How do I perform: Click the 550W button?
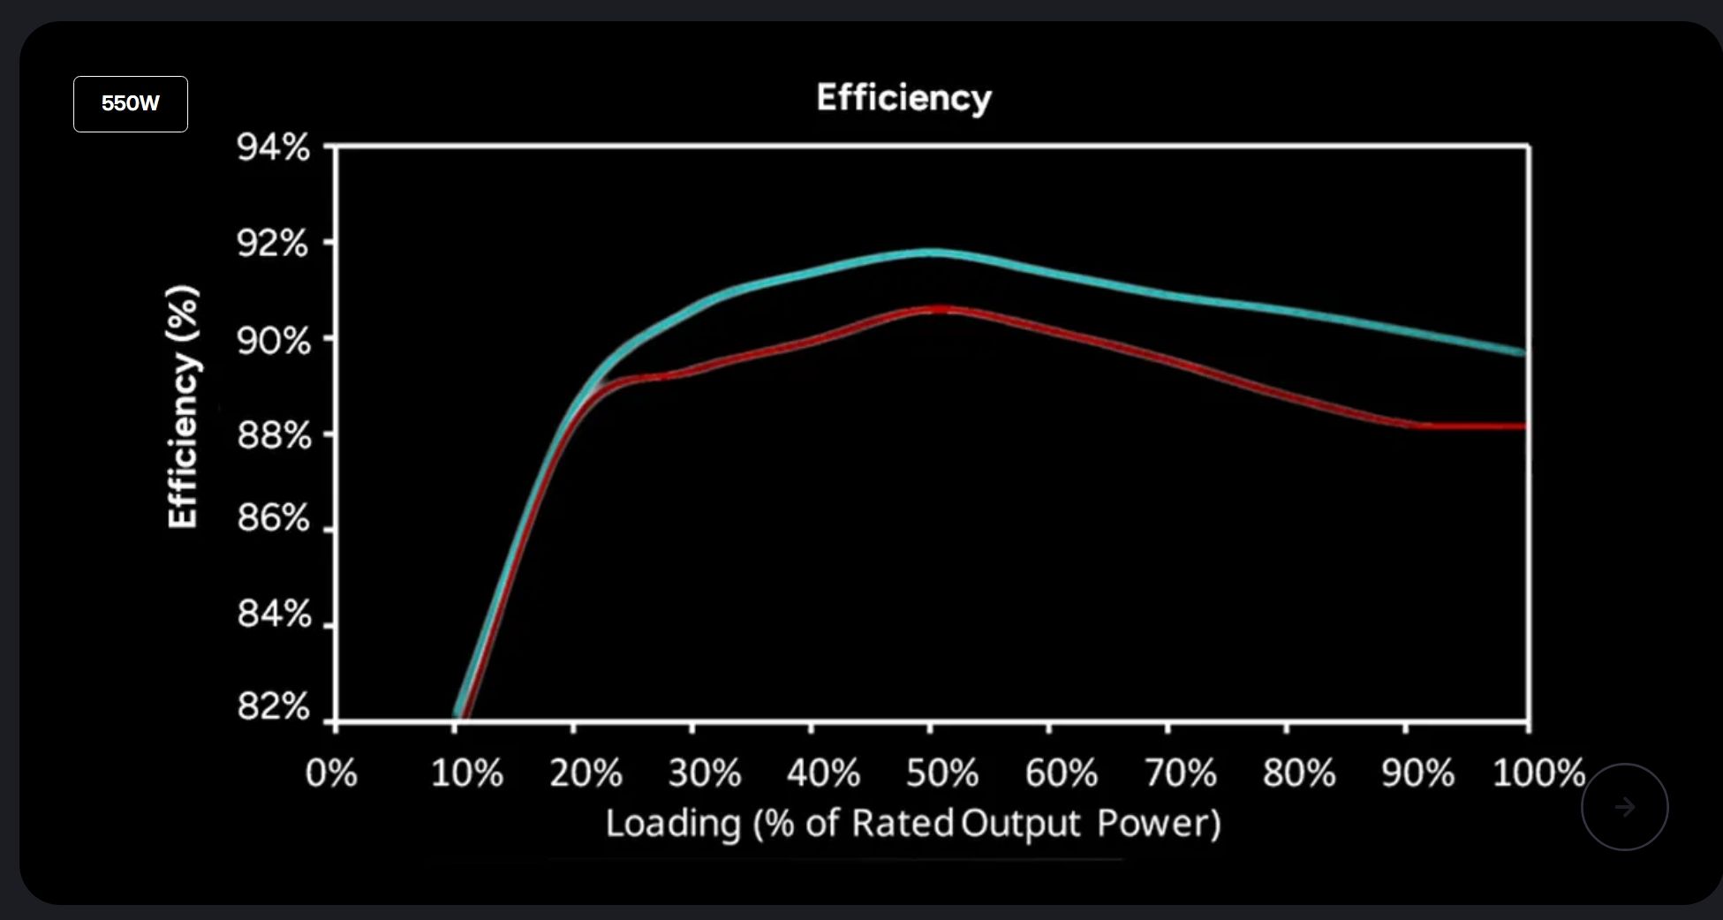tap(130, 104)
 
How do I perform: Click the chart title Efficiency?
tap(903, 98)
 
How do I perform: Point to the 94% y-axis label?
tap(273, 147)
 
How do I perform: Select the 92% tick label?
tap(273, 244)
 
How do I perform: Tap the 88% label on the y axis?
tap(274, 436)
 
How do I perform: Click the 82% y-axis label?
tap(274, 707)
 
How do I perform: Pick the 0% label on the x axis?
tap(331, 773)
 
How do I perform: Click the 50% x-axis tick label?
tap(941, 773)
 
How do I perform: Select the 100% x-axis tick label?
tap(1538, 773)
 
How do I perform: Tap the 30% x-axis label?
tap(704, 773)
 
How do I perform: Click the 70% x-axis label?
tap(1180, 773)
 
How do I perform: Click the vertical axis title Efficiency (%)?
tap(183, 407)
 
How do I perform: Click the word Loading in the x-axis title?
tap(673, 824)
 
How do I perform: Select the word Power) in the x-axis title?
tap(1159, 824)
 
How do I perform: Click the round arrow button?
tap(1624, 807)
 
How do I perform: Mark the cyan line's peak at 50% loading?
tap(930, 253)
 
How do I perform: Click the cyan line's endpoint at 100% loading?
tap(1523, 352)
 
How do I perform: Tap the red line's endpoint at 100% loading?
tap(1523, 426)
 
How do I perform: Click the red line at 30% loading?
tap(692, 370)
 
